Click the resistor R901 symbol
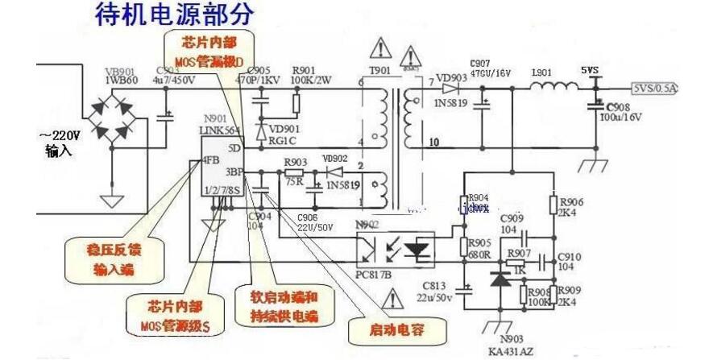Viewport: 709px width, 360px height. [296, 103]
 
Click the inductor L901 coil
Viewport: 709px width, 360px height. [552, 86]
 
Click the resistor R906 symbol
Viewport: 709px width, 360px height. [554, 204]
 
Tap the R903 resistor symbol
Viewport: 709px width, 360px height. [294, 172]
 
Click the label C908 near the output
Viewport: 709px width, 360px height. [618, 106]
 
